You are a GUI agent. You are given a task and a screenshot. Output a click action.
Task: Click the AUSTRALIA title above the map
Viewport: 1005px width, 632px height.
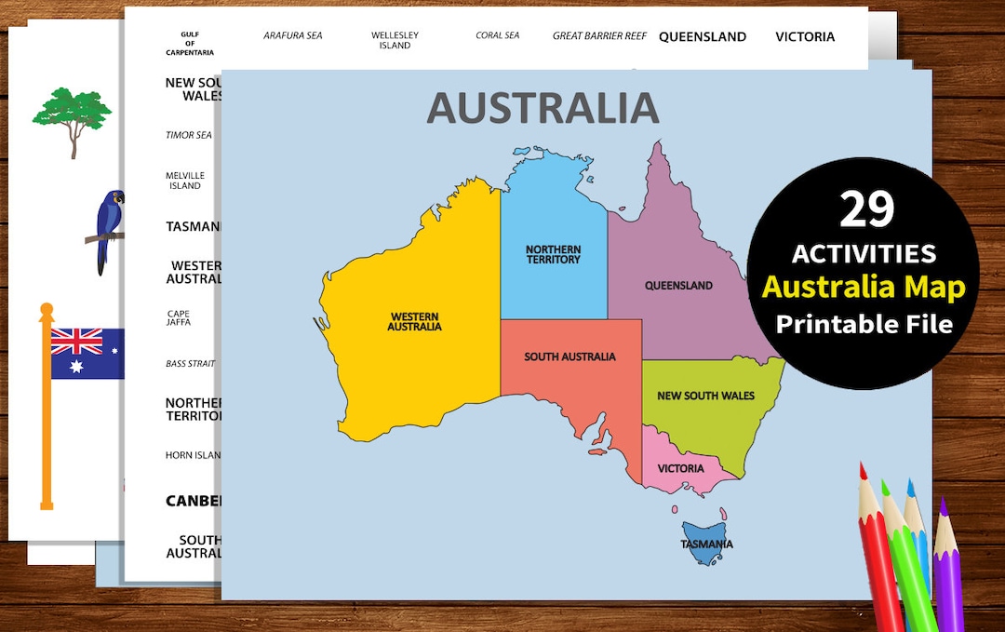click(x=543, y=108)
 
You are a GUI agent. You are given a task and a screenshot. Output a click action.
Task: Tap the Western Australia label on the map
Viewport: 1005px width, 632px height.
click(x=415, y=321)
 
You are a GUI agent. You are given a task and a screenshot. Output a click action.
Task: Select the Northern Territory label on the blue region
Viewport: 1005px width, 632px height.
click(x=553, y=254)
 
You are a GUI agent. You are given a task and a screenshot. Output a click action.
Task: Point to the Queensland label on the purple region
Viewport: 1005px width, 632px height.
click(x=678, y=286)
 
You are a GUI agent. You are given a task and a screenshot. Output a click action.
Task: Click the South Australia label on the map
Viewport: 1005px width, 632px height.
click(x=569, y=356)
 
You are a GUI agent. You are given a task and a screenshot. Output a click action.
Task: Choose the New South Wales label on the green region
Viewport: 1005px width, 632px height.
click(x=705, y=396)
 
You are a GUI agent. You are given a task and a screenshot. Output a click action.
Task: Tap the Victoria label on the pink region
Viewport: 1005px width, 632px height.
click(x=680, y=468)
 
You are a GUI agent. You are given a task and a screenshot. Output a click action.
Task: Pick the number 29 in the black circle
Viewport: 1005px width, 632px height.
click(x=865, y=209)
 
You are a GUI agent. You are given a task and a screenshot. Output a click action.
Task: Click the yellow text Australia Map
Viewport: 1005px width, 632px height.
click(x=864, y=287)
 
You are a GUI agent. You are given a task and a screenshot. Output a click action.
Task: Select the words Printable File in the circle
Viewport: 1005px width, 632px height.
click(x=864, y=324)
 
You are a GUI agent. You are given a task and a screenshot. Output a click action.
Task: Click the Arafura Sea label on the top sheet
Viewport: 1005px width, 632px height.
click(x=292, y=36)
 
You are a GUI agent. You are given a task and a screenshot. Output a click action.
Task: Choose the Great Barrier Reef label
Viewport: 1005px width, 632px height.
click(x=599, y=36)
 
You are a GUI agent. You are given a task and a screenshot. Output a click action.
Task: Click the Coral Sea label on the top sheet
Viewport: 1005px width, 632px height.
click(x=497, y=36)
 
